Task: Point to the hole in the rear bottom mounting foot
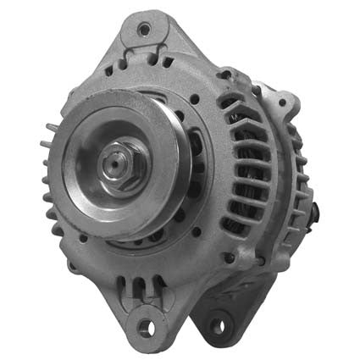(x=219, y=326)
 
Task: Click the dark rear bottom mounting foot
(x=218, y=320)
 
